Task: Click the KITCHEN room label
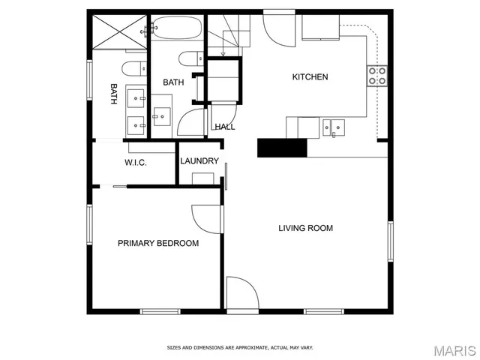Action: coord(310,77)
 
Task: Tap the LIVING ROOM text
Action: coord(305,228)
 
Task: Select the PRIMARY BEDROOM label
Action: coord(157,243)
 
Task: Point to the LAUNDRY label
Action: coord(199,161)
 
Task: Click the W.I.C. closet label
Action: coord(135,163)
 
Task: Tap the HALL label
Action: coord(225,127)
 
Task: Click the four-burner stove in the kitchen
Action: coord(376,75)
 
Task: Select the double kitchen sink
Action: coord(334,128)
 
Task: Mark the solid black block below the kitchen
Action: coord(282,148)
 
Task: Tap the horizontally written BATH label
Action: coord(174,82)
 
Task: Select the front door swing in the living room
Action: coord(241,292)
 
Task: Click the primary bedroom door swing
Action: coord(206,220)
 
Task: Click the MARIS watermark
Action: coord(454,349)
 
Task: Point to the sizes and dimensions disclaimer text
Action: coord(239,347)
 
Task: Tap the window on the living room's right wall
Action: coord(389,241)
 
